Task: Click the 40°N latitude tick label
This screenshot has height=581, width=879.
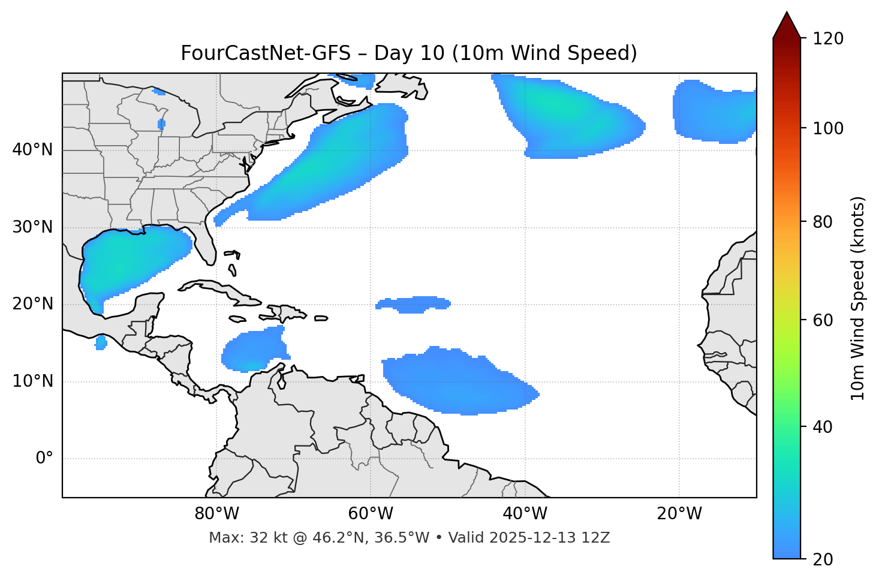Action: coord(32,150)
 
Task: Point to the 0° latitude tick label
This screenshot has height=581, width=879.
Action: coord(44,459)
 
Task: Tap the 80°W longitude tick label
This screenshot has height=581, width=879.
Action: coord(216,514)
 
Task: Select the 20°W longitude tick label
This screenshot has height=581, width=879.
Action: coord(679,514)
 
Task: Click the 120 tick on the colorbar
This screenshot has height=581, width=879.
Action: coord(828,39)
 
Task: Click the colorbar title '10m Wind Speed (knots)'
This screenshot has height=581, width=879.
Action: coord(858,298)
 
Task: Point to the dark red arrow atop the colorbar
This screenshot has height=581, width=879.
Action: coord(787,25)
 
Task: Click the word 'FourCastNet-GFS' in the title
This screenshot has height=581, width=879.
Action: coord(265,53)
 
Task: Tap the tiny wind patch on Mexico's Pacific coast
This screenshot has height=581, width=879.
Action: coord(101,343)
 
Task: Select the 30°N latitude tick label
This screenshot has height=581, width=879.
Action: coord(32,227)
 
